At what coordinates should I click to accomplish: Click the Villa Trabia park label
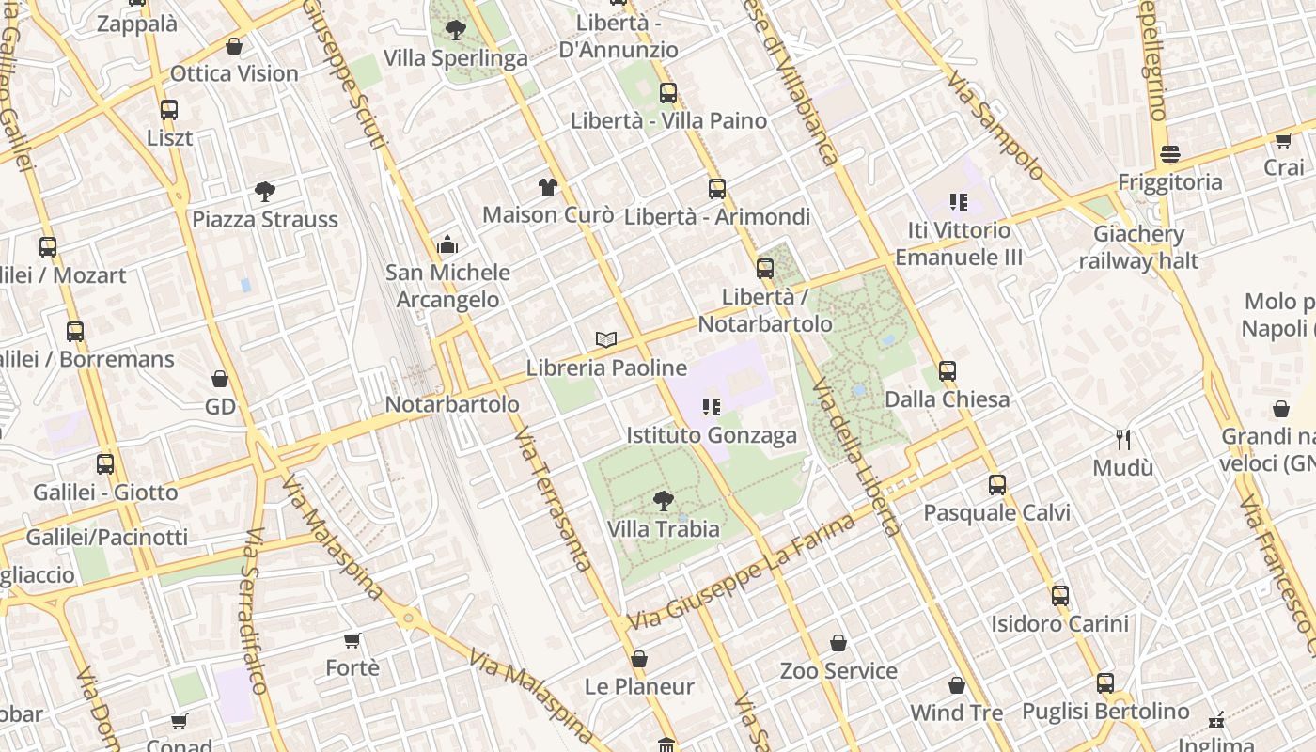pos(664,529)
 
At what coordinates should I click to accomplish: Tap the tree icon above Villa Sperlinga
pos(456,30)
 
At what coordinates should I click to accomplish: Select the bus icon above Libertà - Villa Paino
pos(668,93)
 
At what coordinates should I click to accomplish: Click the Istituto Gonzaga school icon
pos(712,407)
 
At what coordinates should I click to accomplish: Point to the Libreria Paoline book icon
pos(606,339)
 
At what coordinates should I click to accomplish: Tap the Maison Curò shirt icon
pos(548,186)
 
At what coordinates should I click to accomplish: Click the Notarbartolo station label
pos(452,404)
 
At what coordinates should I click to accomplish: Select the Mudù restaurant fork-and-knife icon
pos(1122,439)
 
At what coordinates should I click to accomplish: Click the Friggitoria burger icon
pos(1170,154)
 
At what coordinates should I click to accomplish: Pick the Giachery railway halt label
pos(1138,247)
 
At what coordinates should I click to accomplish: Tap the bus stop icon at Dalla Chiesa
pos(948,371)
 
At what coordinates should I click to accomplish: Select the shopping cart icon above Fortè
pos(352,640)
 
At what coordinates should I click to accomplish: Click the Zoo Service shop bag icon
pos(838,643)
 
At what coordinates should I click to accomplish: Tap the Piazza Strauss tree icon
pos(265,192)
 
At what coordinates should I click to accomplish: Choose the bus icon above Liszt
pos(169,110)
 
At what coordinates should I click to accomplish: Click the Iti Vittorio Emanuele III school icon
pos(959,201)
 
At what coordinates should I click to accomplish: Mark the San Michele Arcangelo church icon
pos(447,244)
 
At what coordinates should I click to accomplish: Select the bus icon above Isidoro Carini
pos(1060,596)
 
